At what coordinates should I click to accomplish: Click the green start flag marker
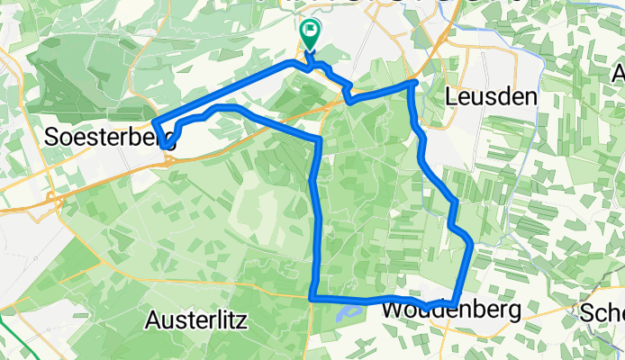(309, 34)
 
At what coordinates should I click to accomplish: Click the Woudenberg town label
(451, 310)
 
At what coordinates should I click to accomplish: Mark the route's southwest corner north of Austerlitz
(311, 298)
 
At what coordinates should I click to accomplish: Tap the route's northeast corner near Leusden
(413, 84)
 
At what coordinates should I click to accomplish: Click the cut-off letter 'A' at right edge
(620, 73)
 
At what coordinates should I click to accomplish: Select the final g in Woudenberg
(513, 312)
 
